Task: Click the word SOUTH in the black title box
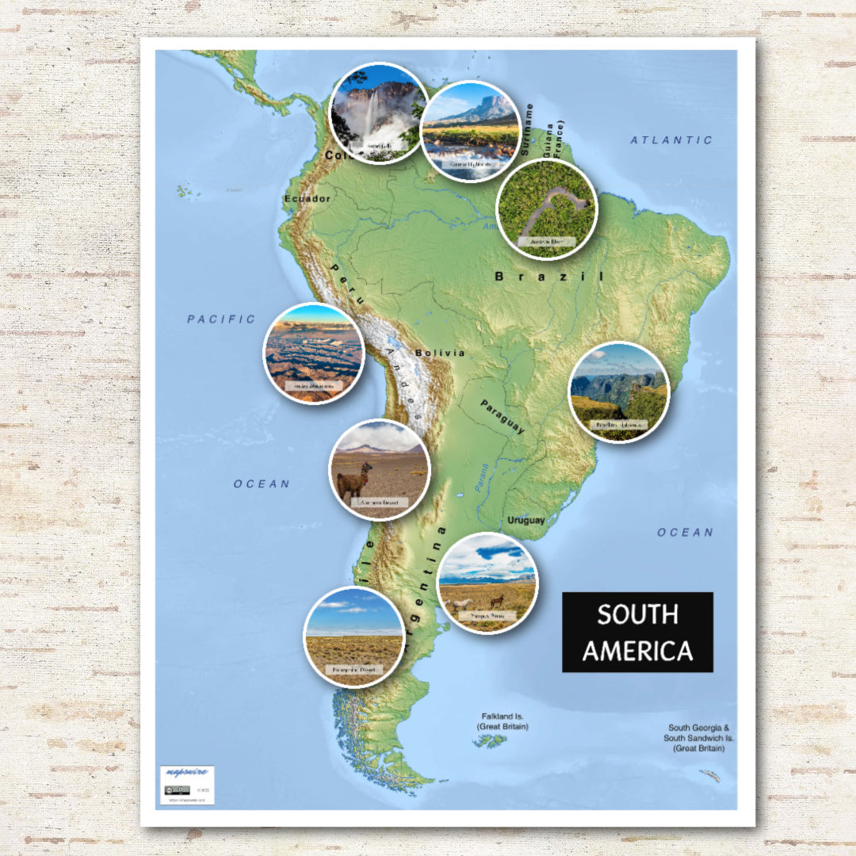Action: pos(637,614)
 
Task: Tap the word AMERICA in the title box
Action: pos(637,651)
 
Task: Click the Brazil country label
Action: pos(548,277)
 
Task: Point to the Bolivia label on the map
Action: pos(439,353)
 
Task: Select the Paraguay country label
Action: pos(502,416)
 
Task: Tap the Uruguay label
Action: pos(526,521)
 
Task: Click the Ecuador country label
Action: pos(307,198)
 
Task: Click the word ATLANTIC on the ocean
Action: pos(671,140)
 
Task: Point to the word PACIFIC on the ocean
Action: pos(221,319)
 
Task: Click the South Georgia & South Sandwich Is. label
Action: pos(698,738)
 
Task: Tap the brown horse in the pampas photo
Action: pos(497,601)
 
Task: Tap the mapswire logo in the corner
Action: pos(186,774)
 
